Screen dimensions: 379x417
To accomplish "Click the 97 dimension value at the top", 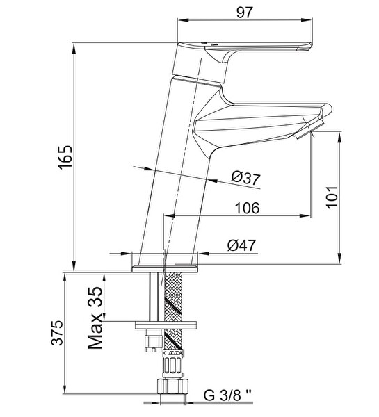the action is [244, 13].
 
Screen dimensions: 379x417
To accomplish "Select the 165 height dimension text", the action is [65, 158].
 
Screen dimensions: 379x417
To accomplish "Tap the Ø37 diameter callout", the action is [245, 178].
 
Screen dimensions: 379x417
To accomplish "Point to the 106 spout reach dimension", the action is [247, 208].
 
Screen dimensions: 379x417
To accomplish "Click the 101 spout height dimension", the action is [332, 197].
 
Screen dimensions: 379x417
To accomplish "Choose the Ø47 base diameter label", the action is [241, 245].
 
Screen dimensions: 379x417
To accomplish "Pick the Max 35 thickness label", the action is [95, 318].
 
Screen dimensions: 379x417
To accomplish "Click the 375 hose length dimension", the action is [58, 333].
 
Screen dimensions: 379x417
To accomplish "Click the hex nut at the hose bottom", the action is [172, 387].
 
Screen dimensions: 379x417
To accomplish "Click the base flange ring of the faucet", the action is [165, 268].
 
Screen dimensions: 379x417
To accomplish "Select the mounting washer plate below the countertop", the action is [166, 325].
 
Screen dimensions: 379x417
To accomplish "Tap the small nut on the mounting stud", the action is [154, 343].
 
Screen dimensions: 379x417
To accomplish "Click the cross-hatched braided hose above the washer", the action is [174, 297].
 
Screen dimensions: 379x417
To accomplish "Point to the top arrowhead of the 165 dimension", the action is [74, 48].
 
